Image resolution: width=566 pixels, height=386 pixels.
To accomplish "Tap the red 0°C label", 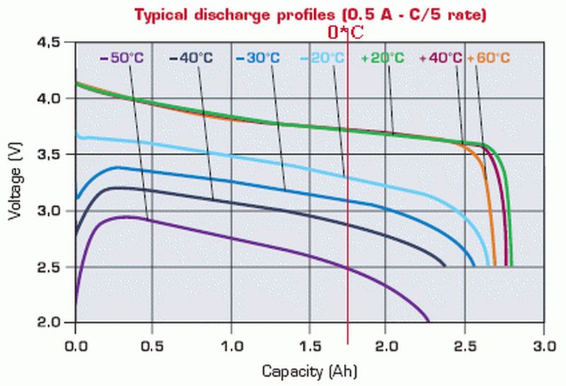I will pos(346,32).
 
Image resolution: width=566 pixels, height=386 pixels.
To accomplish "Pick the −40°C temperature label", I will pos(191,58).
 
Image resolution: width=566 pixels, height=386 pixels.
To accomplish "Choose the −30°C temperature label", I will pos(259,58).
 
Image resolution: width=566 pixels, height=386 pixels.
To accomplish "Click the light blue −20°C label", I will pos(323,58).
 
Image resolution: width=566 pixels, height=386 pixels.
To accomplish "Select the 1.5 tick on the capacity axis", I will pos(308,347).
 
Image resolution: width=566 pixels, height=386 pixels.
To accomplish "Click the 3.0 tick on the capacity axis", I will pos(543,347).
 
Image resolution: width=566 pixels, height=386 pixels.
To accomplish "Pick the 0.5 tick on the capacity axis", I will pos(153,347).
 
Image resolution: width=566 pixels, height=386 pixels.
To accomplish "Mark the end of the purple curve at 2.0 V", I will pos(429,322).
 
